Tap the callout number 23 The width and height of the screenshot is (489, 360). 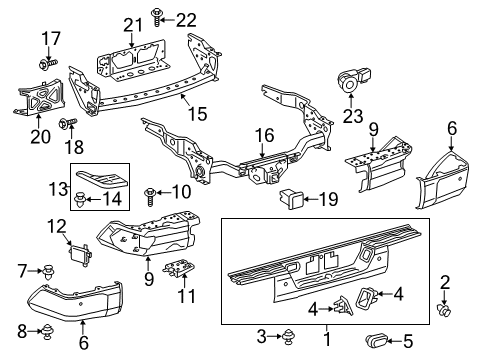pos(351,114)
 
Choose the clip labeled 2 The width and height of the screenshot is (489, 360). pos(447,316)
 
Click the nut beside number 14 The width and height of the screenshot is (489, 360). pos(80,198)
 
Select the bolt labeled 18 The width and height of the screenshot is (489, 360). pos(65,124)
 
